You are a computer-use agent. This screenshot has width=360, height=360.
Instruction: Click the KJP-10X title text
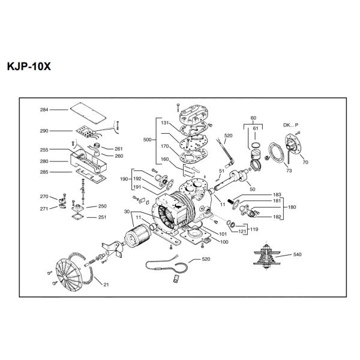(x=29, y=67)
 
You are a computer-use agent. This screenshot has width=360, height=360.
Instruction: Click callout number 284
(x=44, y=110)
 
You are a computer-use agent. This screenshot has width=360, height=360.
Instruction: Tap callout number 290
(x=44, y=131)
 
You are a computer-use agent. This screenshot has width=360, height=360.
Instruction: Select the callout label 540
(x=298, y=254)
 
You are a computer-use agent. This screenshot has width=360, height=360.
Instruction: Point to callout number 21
(x=106, y=284)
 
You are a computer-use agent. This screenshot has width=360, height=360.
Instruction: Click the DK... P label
(x=290, y=125)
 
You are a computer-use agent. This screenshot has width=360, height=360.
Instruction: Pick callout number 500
(x=147, y=140)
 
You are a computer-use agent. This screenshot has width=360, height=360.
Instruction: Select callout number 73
(x=289, y=170)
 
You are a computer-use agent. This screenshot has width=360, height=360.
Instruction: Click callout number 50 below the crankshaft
(x=253, y=189)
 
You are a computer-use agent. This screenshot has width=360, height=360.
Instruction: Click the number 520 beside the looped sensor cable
(x=206, y=259)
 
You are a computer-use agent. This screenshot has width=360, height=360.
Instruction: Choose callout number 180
(x=292, y=207)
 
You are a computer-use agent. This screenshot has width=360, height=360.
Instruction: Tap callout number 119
(x=254, y=229)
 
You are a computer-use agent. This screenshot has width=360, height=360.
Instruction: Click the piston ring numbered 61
(x=256, y=145)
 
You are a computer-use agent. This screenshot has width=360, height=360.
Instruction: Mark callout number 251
(x=102, y=217)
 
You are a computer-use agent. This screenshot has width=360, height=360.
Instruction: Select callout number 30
(x=127, y=212)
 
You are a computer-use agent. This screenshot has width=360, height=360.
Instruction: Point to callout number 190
(x=124, y=179)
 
